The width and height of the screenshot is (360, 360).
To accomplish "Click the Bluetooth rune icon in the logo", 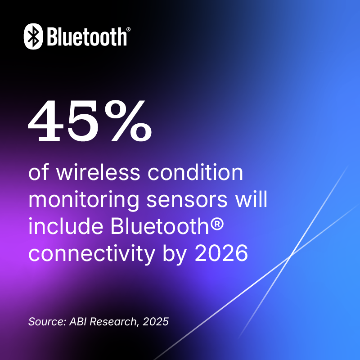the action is tap(33, 36).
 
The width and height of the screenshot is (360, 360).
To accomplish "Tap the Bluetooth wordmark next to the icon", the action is tap(87, 37).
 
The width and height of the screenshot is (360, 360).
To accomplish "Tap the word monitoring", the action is tap(84, 200).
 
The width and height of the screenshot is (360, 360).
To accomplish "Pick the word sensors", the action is tap(187, 200).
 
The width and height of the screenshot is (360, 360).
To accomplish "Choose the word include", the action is tap(66, 226).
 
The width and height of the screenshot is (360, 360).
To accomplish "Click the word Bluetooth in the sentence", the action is tap(160, 226).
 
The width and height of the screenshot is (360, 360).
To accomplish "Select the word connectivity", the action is tap(92, 254).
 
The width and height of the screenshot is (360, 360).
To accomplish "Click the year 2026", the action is tap(221, 253).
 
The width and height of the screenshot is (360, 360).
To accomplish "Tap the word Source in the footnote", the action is tap(47, 321).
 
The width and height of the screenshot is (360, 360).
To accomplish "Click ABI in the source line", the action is tap(78, 321).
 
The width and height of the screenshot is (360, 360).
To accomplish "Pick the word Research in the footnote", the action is tap(114, 321).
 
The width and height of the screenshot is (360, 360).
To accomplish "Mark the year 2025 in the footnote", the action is tap(156, 321).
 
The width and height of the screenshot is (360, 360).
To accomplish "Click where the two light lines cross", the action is tap(290, 256).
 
